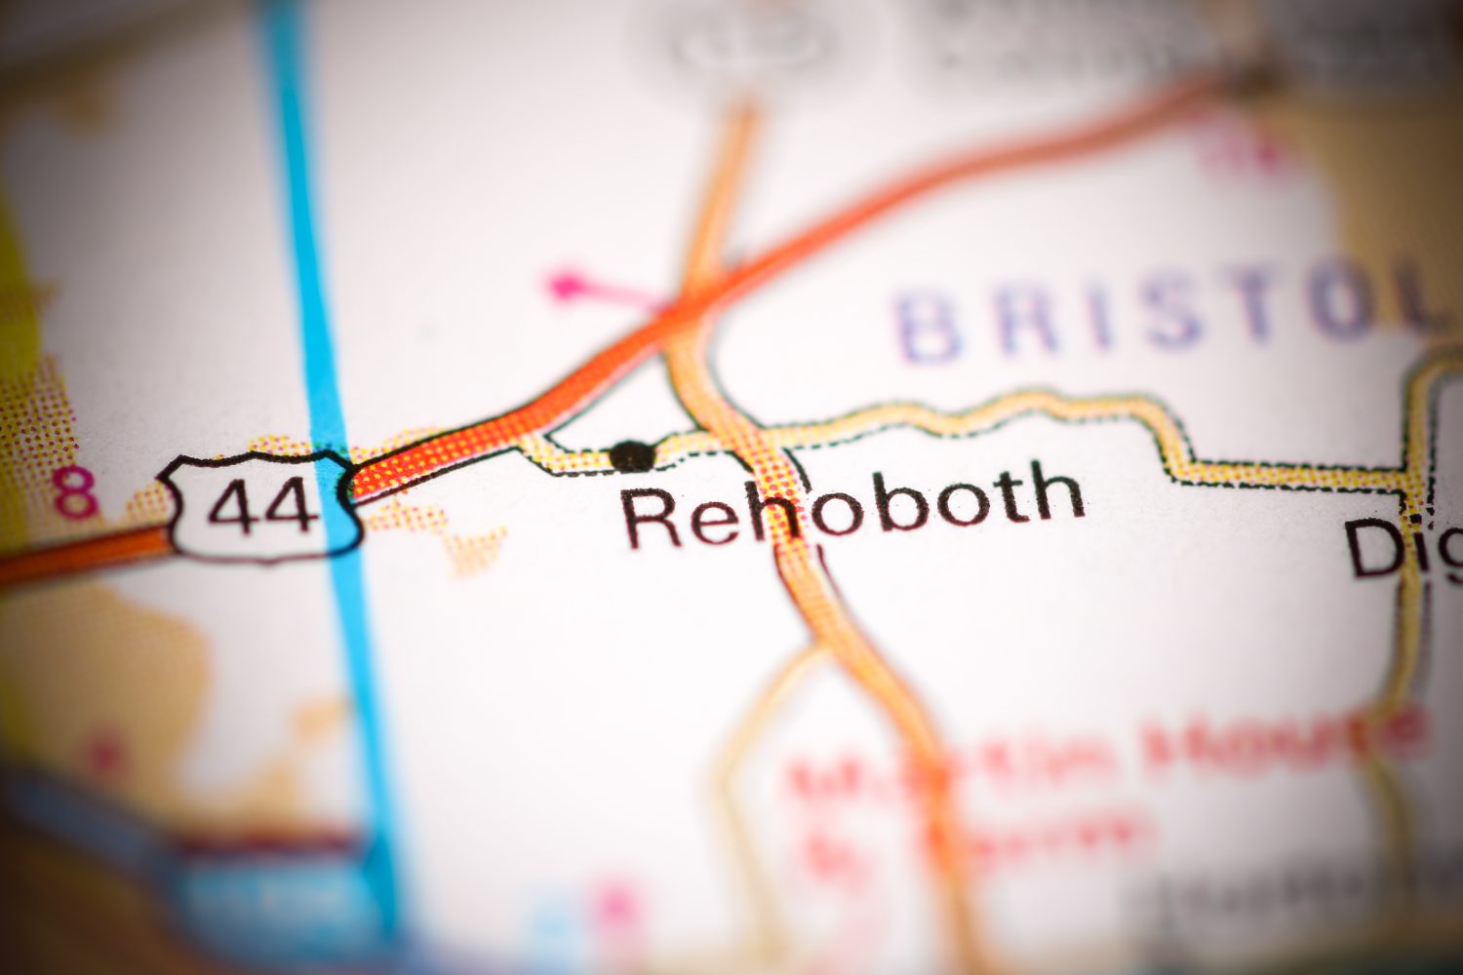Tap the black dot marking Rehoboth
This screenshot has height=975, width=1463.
point(632,454)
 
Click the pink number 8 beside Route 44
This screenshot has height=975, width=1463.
point(76,493)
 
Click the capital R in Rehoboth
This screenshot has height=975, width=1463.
point(652,519)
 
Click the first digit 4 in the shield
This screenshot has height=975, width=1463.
point(238,507)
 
